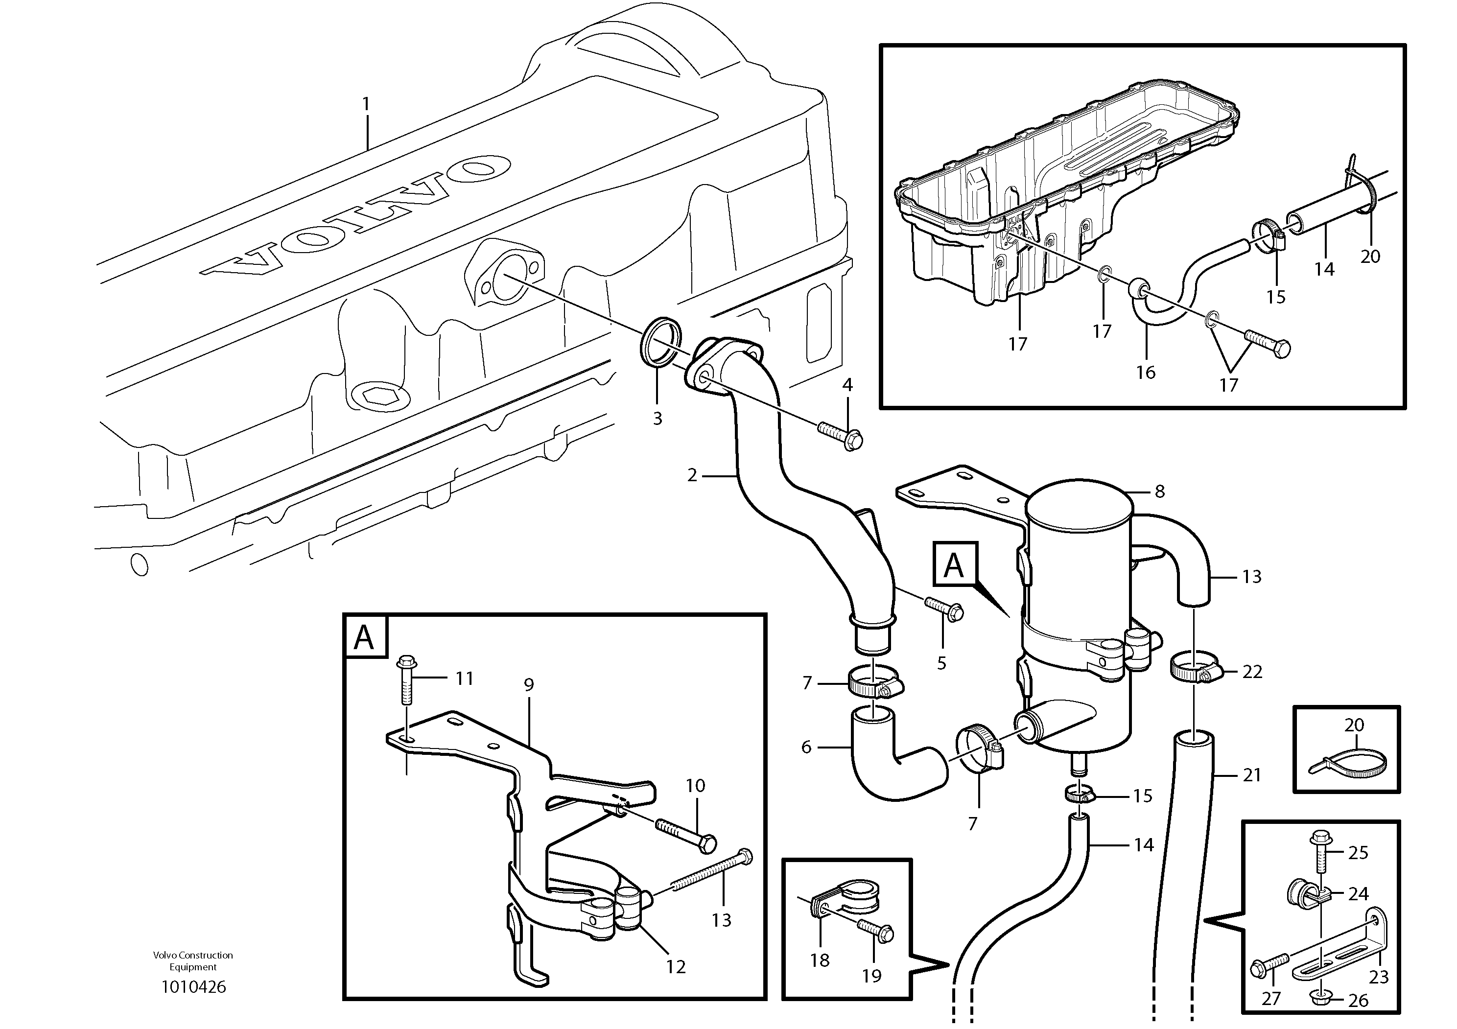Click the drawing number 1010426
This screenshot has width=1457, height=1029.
193,986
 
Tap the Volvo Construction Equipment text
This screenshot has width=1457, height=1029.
193,960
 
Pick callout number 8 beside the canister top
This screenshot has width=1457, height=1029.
1159,491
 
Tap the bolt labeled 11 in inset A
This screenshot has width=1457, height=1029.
404,681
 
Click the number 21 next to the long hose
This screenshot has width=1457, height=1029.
1251,774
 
